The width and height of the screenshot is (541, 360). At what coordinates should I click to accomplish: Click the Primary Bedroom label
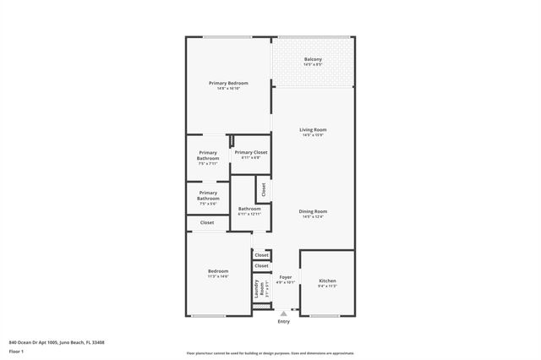coord(228,83)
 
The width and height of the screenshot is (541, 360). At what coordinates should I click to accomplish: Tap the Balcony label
coord(313,59)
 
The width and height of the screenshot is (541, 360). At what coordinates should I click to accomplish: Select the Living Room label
coord(313,129)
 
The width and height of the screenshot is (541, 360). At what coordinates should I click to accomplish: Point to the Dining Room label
coord(313,211)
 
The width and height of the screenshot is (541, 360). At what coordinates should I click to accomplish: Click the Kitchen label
coord(327,281)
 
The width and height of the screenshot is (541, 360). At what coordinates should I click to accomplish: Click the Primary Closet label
coord(250,152)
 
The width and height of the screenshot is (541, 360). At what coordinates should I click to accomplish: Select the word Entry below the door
coord(283,321)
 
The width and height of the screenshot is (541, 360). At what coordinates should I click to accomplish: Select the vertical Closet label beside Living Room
coord(264,190)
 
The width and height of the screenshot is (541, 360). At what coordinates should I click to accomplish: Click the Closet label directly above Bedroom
coord(207,223)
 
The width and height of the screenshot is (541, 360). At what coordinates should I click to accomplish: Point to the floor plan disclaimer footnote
coord(270,353)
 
